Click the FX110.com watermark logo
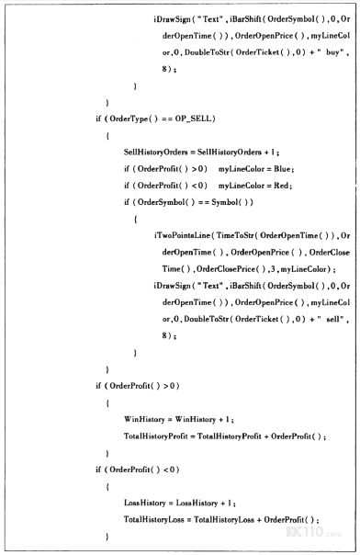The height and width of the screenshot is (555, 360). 314,532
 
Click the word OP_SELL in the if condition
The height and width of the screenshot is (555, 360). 194,119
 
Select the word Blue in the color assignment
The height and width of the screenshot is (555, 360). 282,169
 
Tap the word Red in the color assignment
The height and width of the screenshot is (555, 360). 281,186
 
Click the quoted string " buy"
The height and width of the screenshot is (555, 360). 331,52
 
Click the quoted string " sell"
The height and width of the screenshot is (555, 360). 331,319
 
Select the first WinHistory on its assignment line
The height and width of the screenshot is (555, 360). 144,419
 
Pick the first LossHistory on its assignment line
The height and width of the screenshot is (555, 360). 144,503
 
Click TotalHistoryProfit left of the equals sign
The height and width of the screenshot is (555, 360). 155,436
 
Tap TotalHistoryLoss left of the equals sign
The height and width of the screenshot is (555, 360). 154,519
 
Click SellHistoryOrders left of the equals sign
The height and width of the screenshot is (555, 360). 155,153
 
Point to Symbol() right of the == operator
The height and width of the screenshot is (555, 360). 232,202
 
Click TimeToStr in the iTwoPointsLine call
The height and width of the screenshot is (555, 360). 234,236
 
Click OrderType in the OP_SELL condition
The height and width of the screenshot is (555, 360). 129,119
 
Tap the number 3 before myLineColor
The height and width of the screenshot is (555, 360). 272,269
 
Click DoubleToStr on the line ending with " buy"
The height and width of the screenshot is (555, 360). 207,52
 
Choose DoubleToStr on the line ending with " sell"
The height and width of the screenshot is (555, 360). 207,319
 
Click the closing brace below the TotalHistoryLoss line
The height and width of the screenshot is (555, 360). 107,537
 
